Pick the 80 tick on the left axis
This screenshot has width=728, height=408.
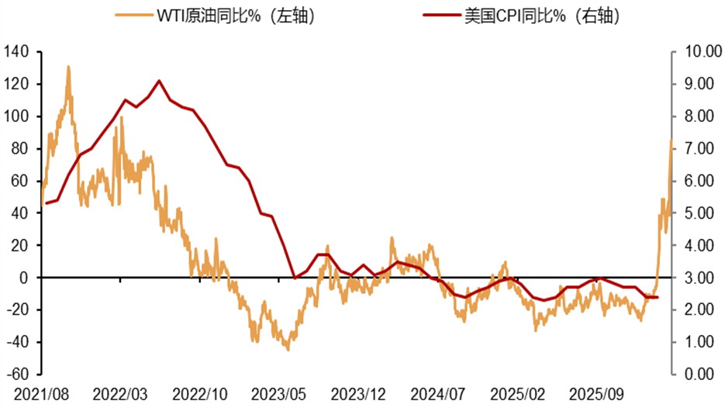pos(19,149)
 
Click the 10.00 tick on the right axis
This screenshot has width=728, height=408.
pos(698,52)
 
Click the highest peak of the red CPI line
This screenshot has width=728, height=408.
pos(159,81)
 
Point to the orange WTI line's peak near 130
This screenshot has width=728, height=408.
pos(68,67)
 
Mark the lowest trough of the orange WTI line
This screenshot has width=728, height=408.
pos(288,350)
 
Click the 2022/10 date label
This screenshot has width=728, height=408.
pos(200,393)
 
